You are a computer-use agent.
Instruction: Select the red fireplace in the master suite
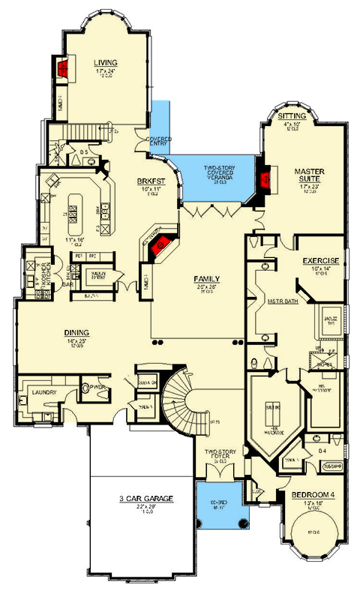coord(264,178)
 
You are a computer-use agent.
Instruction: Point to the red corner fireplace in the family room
coord(158,249)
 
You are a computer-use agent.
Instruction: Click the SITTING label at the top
coord(291,117)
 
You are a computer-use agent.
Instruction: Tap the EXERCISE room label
coord(321,261)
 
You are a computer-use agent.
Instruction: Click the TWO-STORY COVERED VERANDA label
coord(221,171)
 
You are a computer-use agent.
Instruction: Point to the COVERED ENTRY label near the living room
coord(159,142)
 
